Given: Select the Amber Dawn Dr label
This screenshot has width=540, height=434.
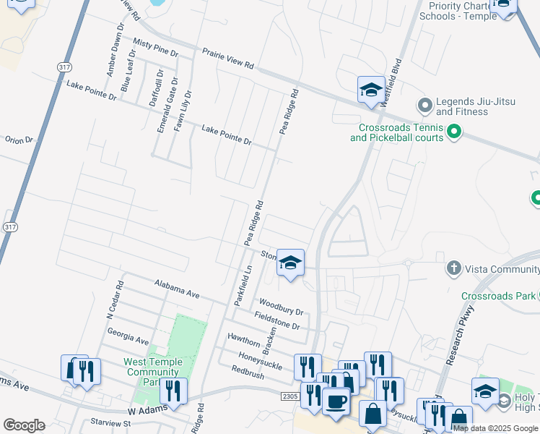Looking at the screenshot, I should pyautogui.click(x=112, y=54).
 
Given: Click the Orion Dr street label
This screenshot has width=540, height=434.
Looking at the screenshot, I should pyautogui.click(x=19, y=140).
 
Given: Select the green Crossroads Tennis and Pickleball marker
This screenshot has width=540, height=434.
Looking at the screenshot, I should pyautogui.click(x=454, y=132).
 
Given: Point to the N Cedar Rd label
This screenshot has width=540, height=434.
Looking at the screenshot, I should pyautogui.click(x=116, y=300).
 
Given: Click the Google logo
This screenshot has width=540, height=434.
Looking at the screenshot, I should pyautogui.click(x=24, y=425).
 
